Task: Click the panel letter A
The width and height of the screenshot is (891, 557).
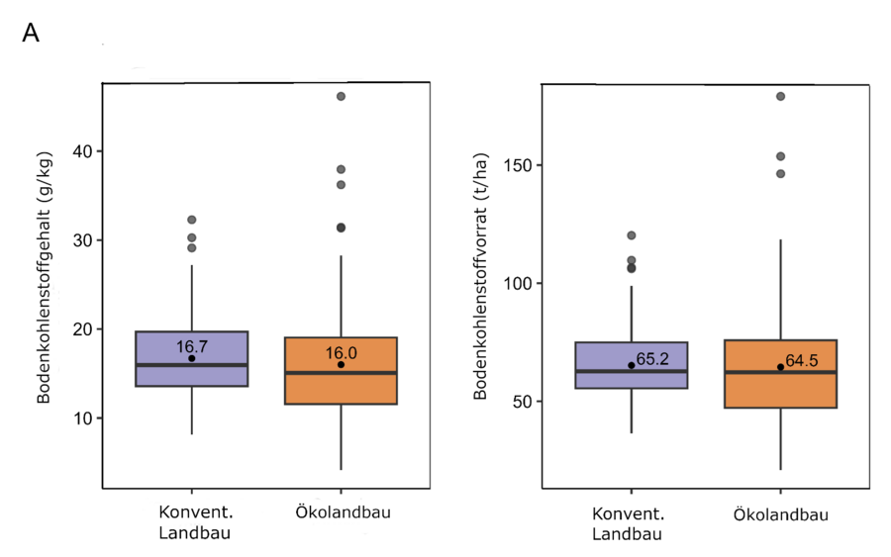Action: click(31, 33)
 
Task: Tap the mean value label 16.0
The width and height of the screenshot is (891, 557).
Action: click(341, 352)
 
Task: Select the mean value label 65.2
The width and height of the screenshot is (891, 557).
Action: click(652, 359)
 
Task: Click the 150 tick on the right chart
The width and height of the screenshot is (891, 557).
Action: click(517, 165)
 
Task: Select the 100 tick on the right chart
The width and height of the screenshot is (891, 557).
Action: click(517, 283)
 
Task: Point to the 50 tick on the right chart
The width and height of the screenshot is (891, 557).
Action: click(522, 402)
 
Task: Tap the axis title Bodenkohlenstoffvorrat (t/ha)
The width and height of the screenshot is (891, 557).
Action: click(480, 287)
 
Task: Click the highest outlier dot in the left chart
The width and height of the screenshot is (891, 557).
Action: click(341, 96)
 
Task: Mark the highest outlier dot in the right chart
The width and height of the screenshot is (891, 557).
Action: click(780, 96)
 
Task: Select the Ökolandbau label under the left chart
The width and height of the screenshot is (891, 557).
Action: click(341, 511)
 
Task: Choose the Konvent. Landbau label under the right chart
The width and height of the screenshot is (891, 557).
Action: click(631, 524)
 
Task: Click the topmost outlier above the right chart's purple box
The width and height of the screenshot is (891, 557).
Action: click(631, 235)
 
